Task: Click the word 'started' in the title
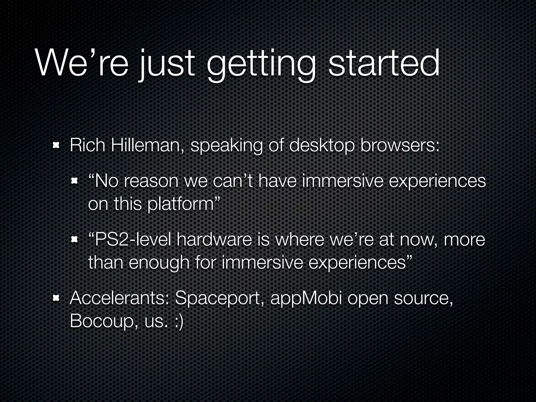384,64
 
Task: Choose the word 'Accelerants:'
119,298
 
